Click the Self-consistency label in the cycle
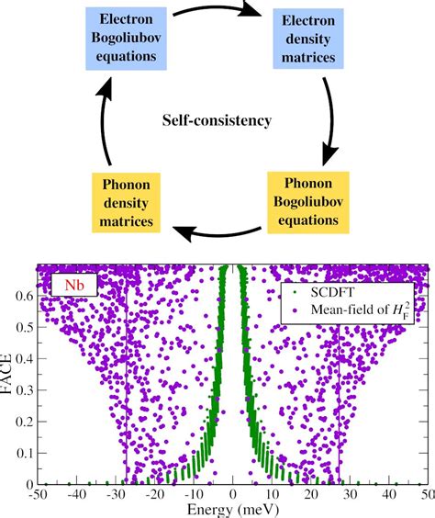click(x=217, y=119)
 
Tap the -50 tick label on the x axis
click(x=37, y=495)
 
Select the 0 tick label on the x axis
click(x=234, y=495)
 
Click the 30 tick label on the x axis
click(x=351, y=495)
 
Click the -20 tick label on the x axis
click(x=154, y=495)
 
